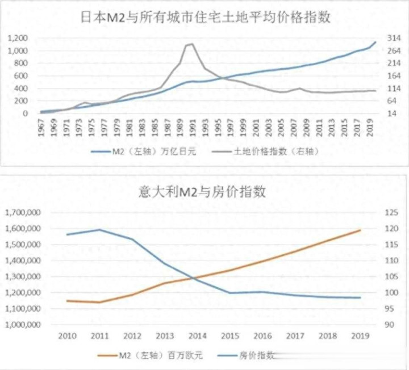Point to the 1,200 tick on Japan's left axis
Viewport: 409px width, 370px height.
point(18,38)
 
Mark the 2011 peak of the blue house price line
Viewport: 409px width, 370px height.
point(99,230)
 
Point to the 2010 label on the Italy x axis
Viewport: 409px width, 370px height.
point(68,336)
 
